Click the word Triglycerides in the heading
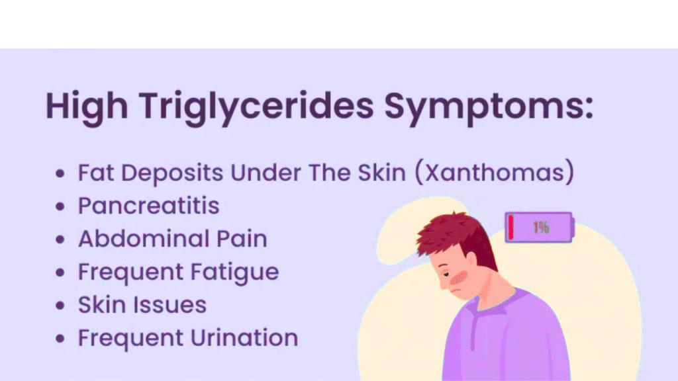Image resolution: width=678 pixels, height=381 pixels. (x=256, y=107)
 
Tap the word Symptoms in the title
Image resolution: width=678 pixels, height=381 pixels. (x=489, y=107)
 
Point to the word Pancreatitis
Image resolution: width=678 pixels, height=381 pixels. (x=149, y=206)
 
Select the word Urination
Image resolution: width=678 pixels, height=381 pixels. (x=244, y=337)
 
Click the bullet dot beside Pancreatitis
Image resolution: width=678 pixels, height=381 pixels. (x=60, y=206)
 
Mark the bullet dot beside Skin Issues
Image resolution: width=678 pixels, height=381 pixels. (x=60, y=306)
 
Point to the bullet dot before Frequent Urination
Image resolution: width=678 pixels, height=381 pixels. (x=60, y=338)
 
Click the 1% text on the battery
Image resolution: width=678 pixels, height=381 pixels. (x=541, y=228)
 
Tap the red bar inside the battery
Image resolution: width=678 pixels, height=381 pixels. (x=511, y=228)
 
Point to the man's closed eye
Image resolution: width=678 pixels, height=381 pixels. (x=446, y=275)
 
